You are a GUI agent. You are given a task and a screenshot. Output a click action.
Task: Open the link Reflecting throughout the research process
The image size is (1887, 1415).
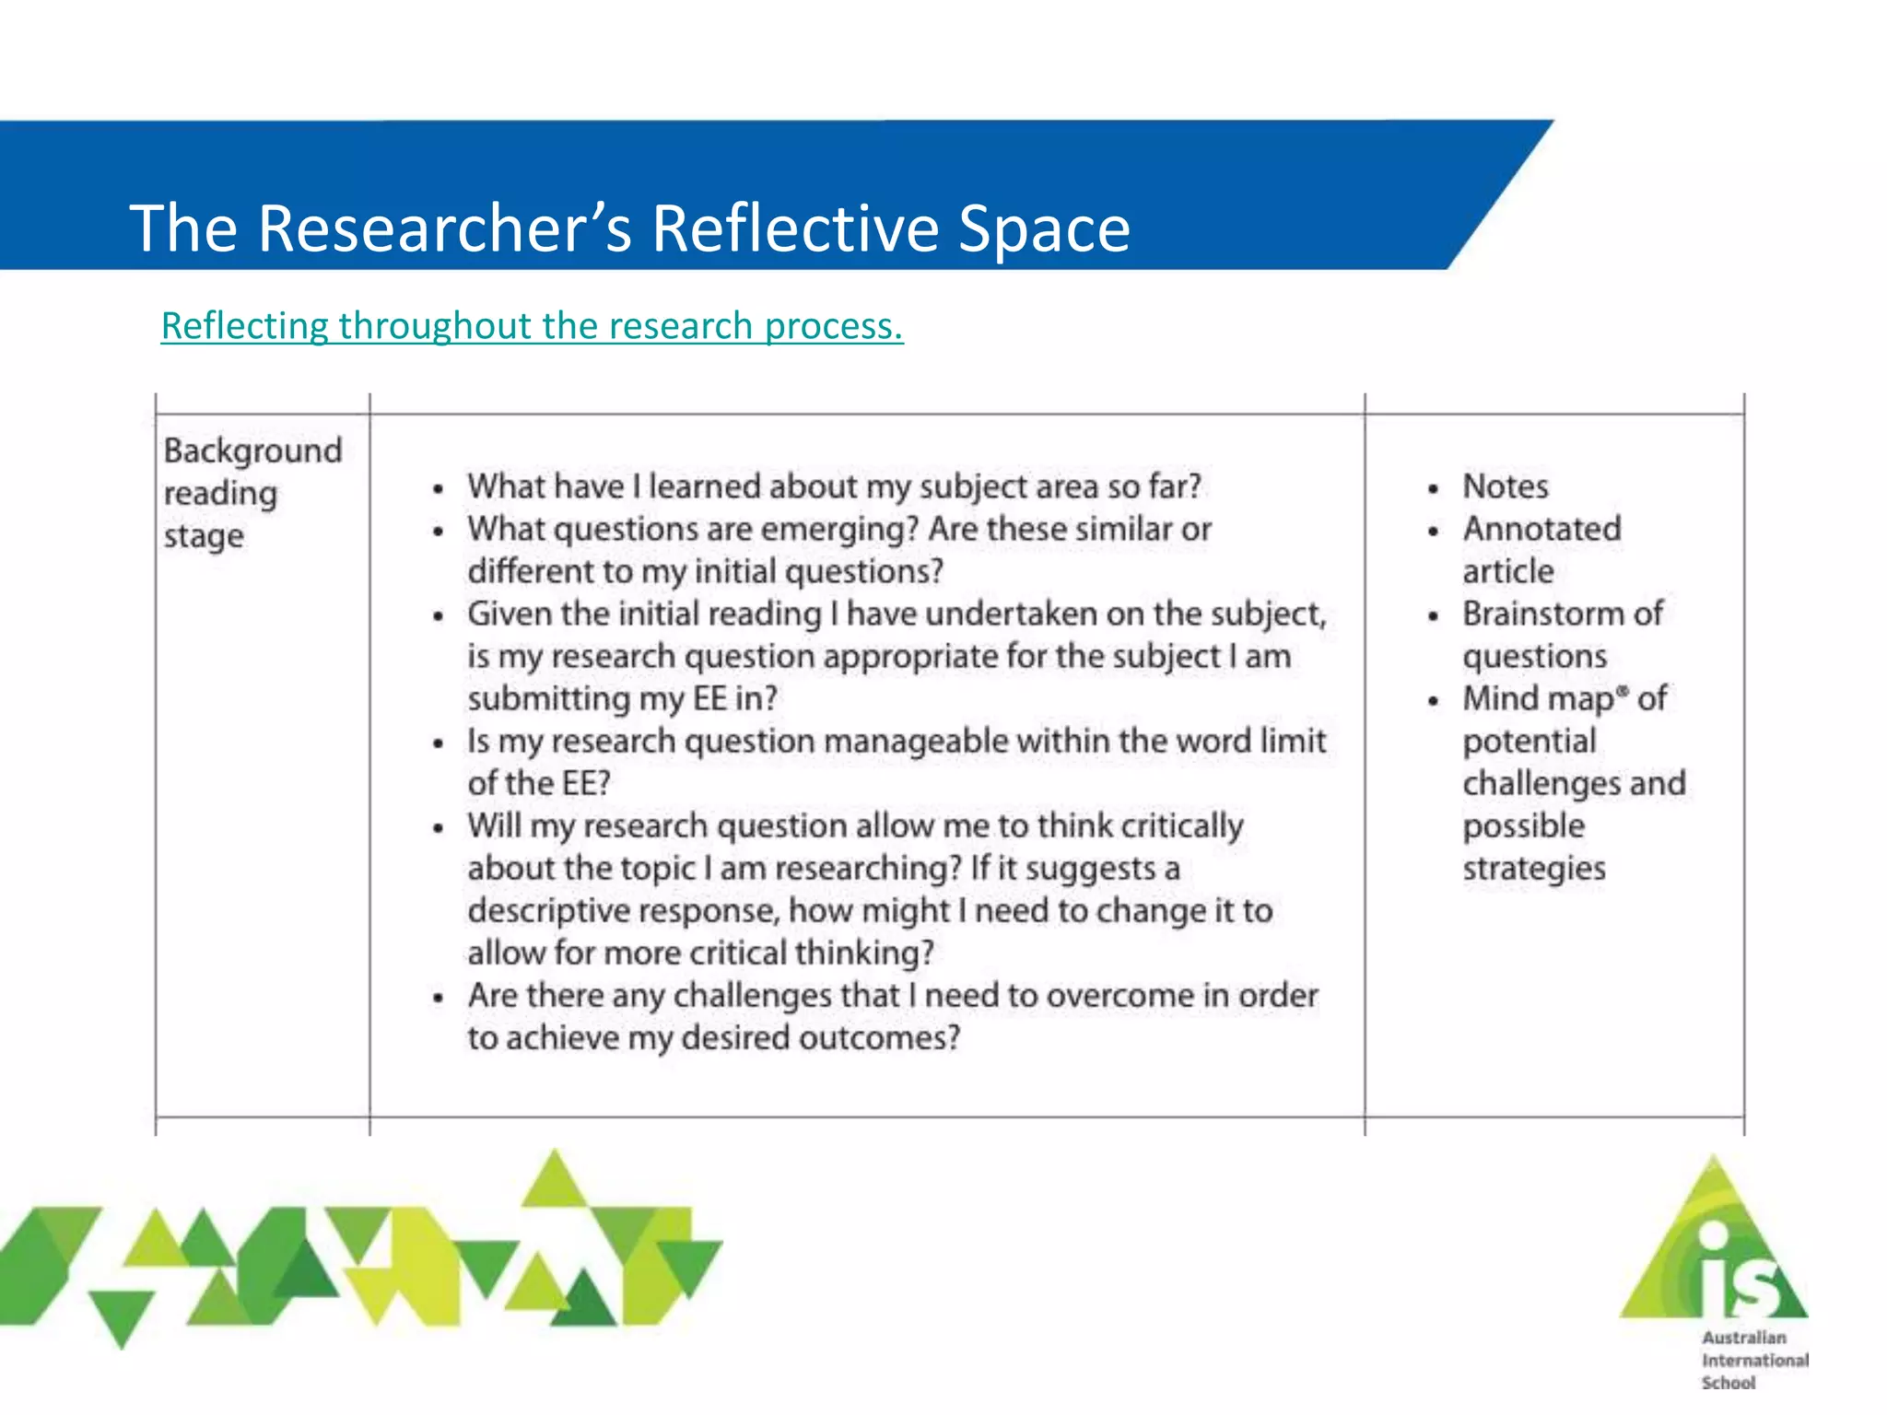tap(532, 326)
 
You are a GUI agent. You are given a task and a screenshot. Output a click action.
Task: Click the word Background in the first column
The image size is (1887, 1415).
tap(252, 450)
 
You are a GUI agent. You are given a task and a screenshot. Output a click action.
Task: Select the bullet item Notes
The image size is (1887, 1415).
tap(1505, 486)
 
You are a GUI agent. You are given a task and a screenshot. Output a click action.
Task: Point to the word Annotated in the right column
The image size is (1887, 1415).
tap(1541, 529)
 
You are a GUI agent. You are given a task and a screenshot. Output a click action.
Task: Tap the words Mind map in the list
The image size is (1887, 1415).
tap(1538, 699)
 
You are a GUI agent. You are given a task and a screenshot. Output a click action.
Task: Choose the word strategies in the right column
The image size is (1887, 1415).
tap(1533, 869)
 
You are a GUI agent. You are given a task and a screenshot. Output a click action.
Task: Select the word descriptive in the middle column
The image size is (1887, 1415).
tap(549, 911)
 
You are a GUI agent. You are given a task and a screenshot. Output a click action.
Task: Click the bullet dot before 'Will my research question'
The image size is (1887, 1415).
tap(439, 827)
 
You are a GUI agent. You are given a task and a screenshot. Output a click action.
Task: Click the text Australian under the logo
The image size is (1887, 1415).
tap(1743, 1338)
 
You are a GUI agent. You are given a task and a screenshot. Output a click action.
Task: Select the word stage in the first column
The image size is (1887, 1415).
tap(204, 536)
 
